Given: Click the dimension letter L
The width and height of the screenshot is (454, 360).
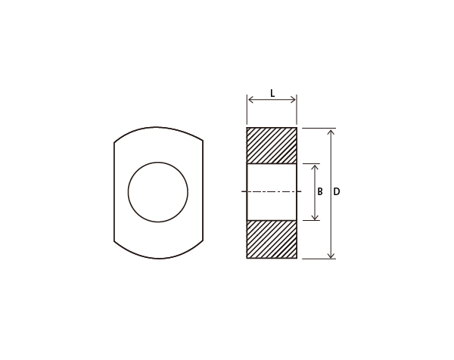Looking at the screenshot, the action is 272,93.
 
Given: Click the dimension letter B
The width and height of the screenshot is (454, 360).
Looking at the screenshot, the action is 320,191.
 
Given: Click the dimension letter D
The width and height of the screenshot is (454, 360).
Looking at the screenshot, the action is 337,191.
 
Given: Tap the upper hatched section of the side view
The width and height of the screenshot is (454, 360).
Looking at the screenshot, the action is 272,145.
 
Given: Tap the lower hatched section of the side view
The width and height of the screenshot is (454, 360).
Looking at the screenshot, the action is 272,239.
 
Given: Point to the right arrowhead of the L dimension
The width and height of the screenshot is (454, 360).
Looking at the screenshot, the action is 293,100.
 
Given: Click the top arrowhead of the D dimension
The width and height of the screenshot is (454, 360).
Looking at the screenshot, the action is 331,132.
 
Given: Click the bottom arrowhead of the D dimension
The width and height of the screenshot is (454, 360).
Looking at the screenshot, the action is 331,255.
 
